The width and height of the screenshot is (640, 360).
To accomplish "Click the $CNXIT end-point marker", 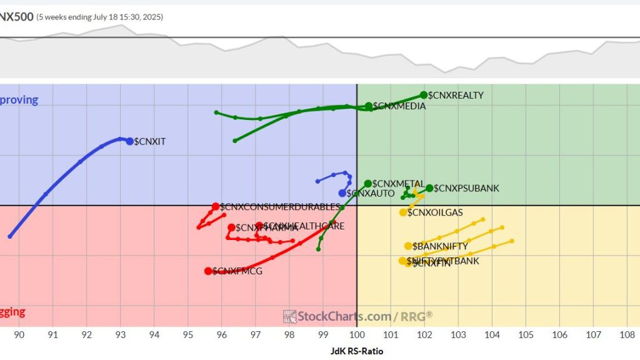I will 130,141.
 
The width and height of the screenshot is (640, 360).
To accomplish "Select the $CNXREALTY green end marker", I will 424,95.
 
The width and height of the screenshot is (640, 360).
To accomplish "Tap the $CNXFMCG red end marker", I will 208,271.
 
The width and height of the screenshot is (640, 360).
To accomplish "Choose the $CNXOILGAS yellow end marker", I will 403,212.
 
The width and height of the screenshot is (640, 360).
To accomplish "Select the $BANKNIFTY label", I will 440,246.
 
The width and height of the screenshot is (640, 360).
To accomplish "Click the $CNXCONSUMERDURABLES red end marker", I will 216,206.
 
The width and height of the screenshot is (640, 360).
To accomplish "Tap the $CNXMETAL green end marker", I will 368,183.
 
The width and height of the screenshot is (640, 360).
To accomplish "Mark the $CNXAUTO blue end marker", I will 342,193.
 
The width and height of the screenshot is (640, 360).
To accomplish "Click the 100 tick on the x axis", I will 356,335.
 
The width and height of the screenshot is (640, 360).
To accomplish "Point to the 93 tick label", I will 120,335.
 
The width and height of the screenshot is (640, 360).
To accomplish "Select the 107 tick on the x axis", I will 593,335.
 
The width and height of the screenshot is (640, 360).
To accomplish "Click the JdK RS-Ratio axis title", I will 356,351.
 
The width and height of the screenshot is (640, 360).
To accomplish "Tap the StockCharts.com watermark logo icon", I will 289,316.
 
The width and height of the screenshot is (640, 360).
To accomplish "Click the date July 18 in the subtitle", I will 101,17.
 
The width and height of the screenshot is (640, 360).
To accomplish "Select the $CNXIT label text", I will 150,142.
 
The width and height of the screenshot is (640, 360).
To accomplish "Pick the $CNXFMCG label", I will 237,271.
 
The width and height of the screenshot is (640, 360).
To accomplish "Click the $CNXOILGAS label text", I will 435,212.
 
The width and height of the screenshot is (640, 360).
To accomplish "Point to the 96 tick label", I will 221,335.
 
